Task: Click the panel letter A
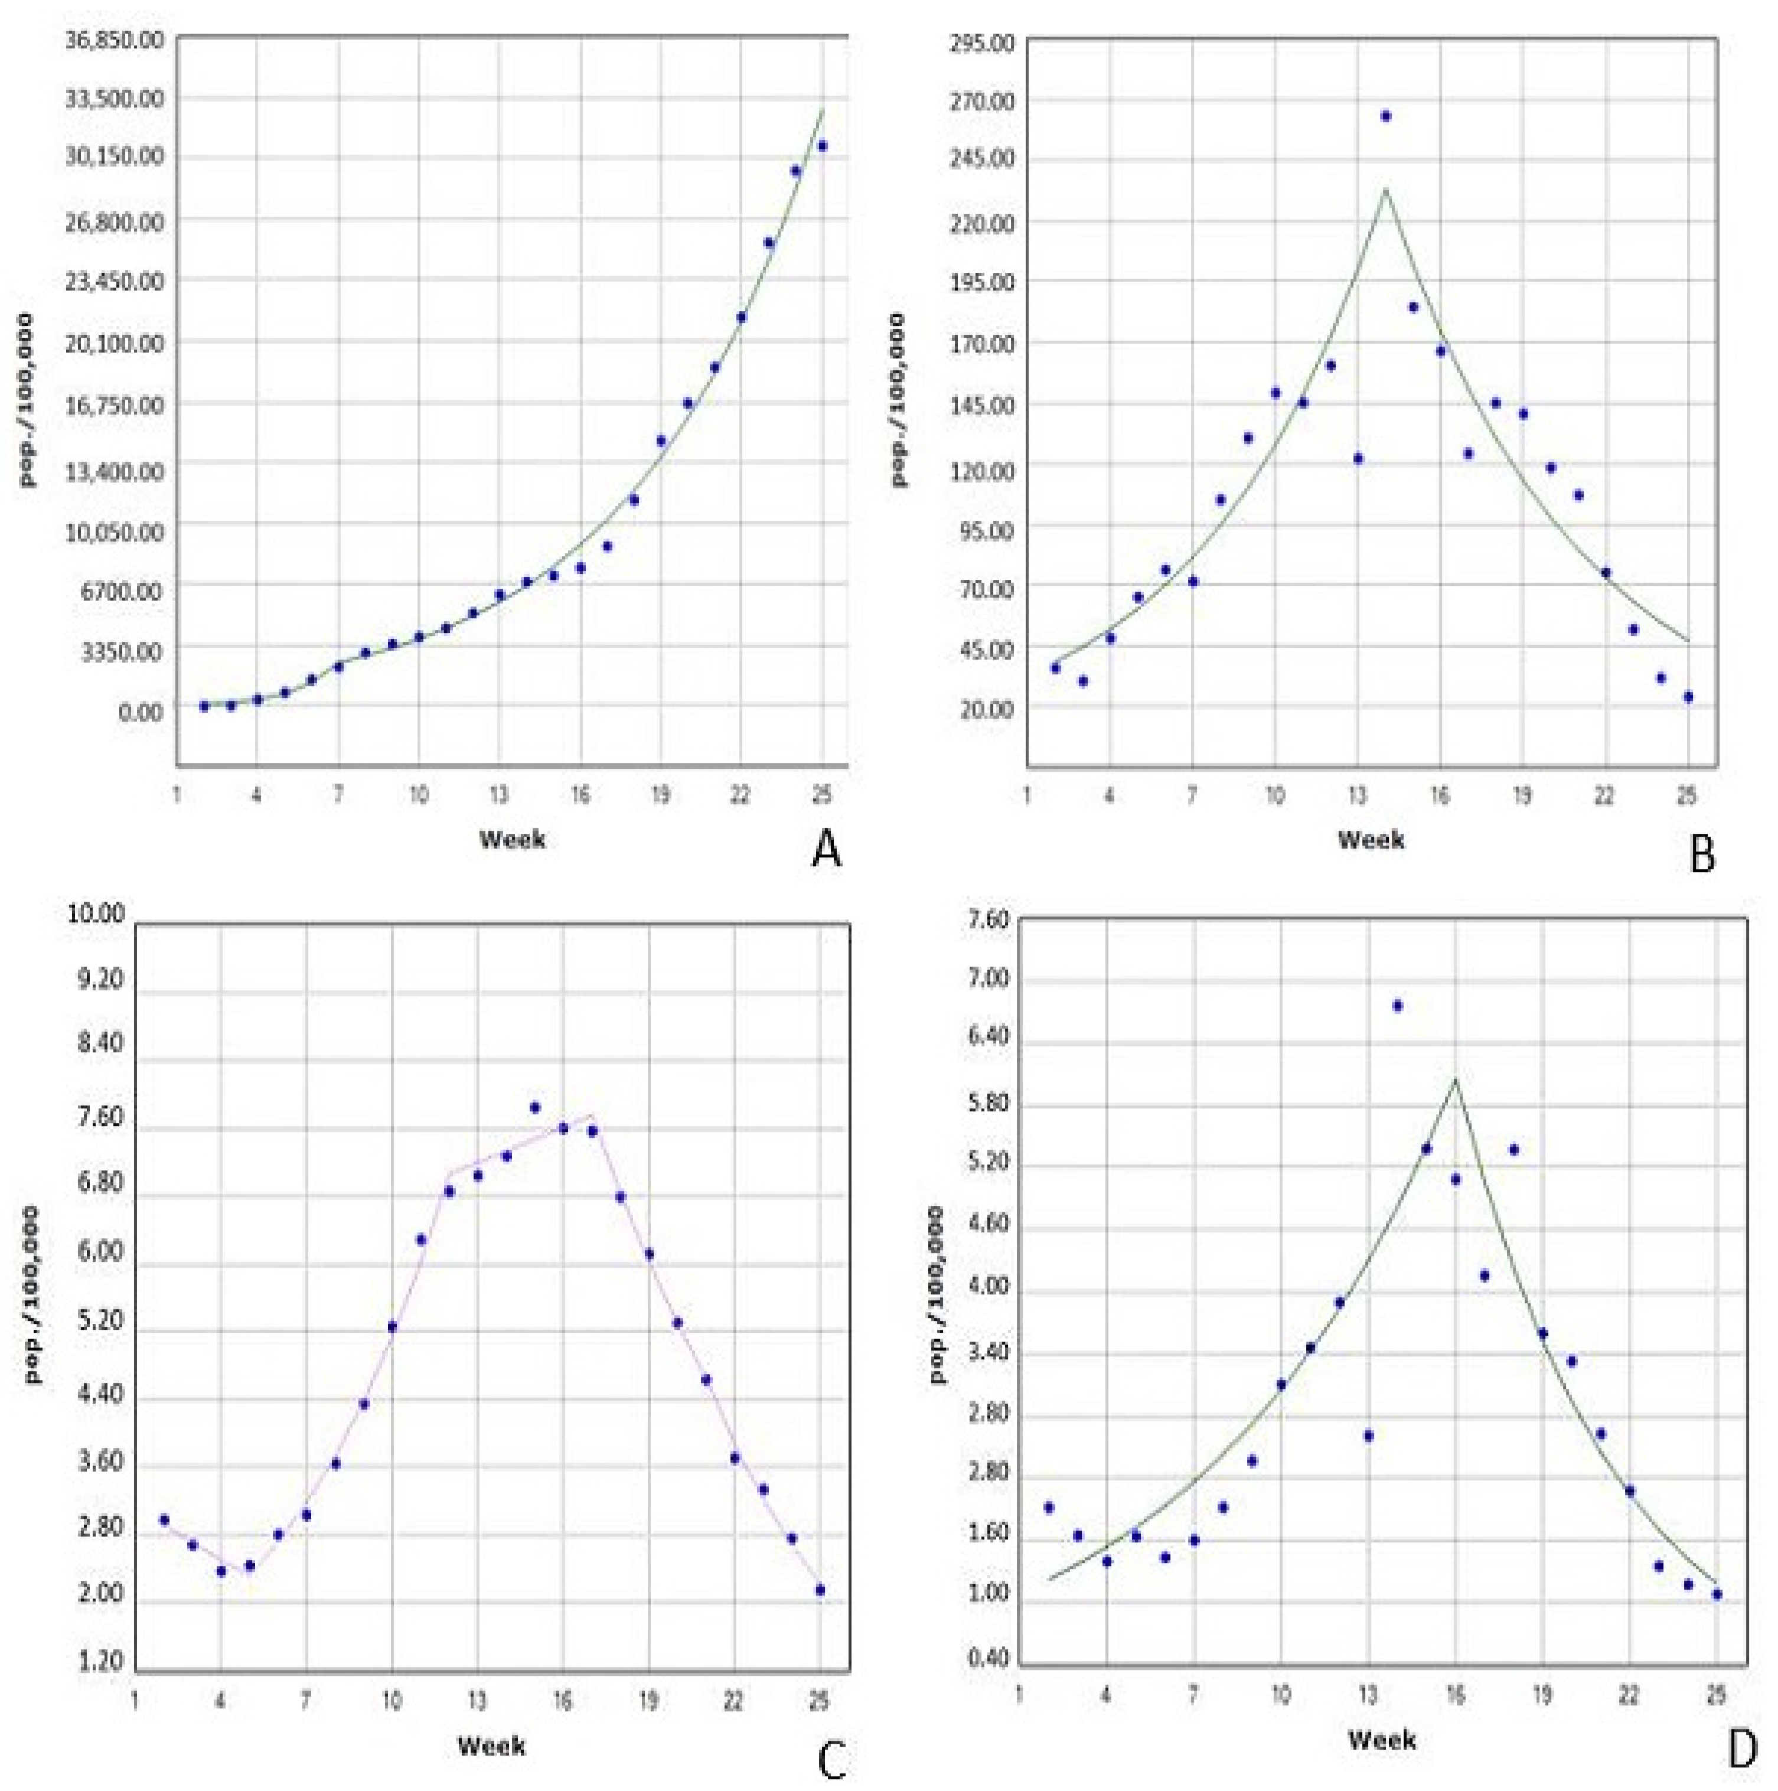(x=826, y=848)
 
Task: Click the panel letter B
(x=1702, y=853)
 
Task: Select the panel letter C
(x=831, y=1755)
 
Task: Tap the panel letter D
(x=1743, y=1747)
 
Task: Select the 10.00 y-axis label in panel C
(x=96, y=913)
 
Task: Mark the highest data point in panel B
(x=1385, y=116)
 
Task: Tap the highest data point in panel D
(x=1397, y=1006)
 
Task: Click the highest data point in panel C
(x=535, y=1107)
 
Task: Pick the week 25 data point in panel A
(x=821, y=145)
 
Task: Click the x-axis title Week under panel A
(x=512, y=839)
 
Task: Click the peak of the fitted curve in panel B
(x=1385, y=190)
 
